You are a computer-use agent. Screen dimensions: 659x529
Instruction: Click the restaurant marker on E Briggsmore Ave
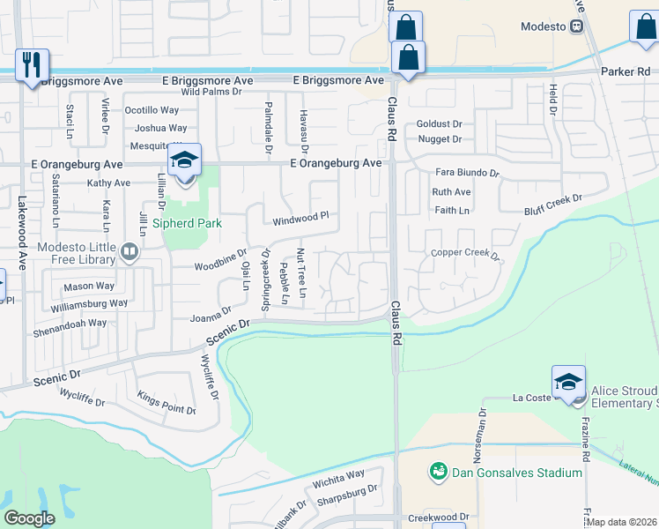33,65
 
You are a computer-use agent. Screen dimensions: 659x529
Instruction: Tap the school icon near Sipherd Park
185,160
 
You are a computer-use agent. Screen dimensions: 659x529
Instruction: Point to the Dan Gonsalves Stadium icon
437,473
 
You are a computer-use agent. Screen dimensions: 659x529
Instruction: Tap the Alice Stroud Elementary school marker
568,383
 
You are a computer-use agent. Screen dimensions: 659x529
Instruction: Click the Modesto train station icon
578,26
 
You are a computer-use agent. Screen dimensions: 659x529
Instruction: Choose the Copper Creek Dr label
465,254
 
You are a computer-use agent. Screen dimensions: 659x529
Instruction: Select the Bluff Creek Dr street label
553,203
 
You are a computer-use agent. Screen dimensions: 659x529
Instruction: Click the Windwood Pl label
300,216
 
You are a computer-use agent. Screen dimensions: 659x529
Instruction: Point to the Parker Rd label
625,71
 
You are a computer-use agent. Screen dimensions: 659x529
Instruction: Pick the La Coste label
532,399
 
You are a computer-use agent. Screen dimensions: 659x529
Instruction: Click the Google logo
30,518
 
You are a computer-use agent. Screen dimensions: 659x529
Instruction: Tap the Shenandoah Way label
77,323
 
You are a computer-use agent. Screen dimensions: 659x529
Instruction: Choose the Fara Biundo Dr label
467,173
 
